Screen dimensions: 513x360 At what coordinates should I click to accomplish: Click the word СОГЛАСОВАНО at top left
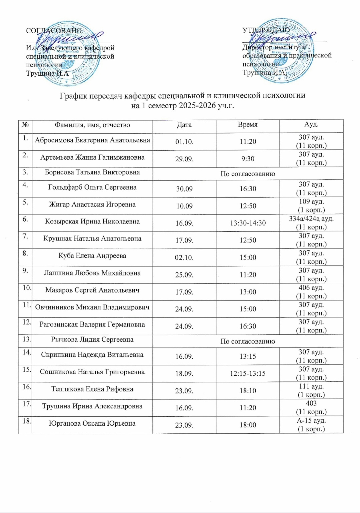tap(54, 31)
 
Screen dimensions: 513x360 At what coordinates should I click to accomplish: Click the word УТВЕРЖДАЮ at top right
tap(266, 30)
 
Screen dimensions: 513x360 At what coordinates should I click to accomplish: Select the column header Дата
tap(184, 125)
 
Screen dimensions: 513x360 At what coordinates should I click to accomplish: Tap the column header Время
tap(248, 125)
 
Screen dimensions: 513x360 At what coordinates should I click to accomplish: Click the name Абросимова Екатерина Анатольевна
tap(92, 140)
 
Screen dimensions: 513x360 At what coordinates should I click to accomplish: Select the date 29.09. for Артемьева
tap(184, 159)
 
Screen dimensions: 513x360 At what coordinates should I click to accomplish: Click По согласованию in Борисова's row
tap(248, 174)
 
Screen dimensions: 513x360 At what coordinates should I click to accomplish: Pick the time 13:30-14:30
tap(248, 223)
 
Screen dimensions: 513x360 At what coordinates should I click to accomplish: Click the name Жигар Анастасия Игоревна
tap(92, 205)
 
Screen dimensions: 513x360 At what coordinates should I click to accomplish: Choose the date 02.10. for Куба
tap(184, 257)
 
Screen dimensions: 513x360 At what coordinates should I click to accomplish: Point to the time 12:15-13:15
tap(248, 373)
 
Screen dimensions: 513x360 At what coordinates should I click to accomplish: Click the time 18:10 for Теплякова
tap(248, 391)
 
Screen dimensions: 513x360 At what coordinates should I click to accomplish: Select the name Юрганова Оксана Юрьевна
tap(92, 424)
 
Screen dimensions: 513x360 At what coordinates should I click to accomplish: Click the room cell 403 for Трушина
tap(311, 403)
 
